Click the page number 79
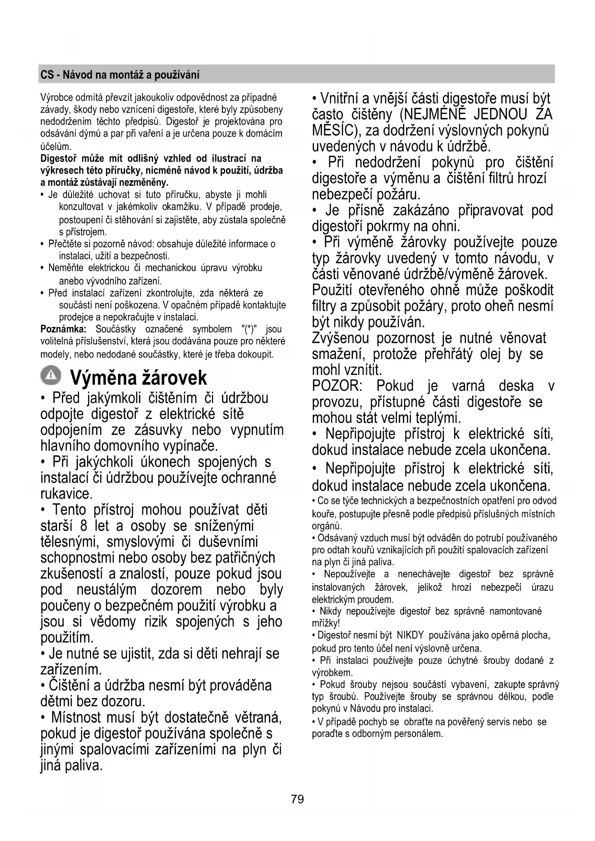click(297, 799)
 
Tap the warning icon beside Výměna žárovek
click(50, 376)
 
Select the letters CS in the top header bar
click(47, 75)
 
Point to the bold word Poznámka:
click(63, 329)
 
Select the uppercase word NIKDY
click(410, 636)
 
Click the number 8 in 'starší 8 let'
click(84, 526)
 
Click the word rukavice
click(66, 494)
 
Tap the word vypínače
click(189, 446)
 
